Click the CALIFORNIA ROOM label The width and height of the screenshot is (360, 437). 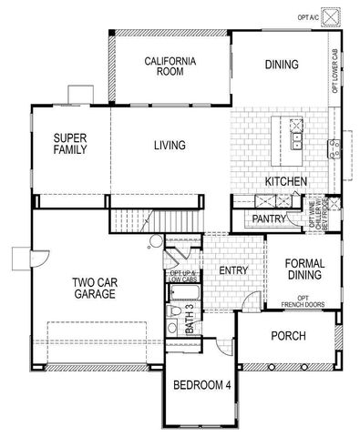point(171,68)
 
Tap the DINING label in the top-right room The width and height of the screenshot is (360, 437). point(282,65)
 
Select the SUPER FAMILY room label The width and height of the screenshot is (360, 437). point(69,144)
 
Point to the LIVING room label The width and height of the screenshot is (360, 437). point(170,145)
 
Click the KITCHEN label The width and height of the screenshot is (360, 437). point(285,182)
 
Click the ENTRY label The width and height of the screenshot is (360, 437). point(233,270)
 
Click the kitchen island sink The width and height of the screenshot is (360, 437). point(298,142)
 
